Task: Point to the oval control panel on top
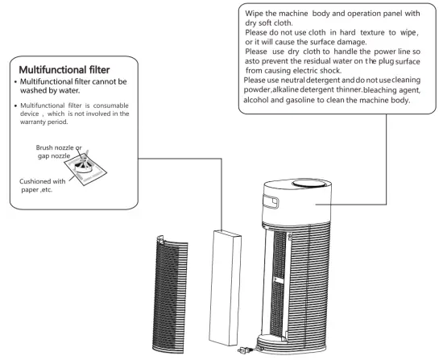click(x=309, y=186)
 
